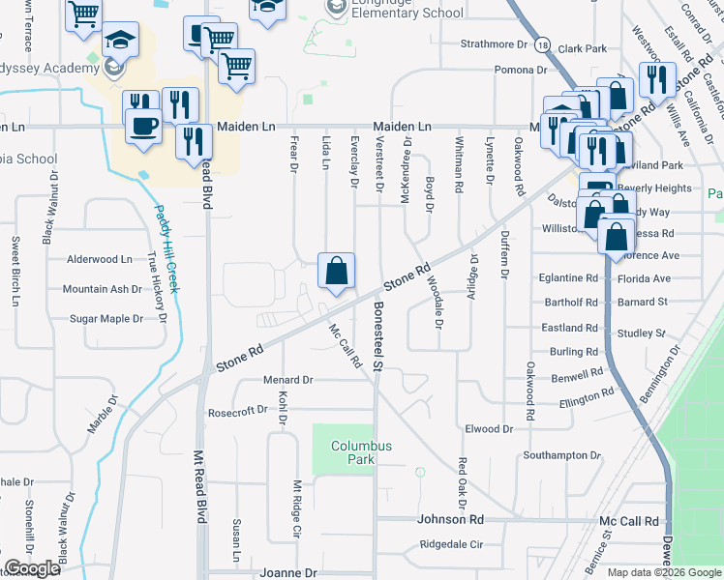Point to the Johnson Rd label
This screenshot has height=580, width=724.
(450, 519)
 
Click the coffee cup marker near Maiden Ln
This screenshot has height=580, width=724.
(144, 127)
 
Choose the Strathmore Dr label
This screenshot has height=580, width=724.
(493, 43)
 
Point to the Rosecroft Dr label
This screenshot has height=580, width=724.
(237, 411)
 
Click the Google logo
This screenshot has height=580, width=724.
(32, 568)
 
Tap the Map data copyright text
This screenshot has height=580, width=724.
(663, 572)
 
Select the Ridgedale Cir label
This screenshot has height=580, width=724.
(450, 543)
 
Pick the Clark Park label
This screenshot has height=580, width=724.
(582, 48)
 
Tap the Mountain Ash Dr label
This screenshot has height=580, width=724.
(102, 289)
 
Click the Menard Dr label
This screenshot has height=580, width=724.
(287, 380)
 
